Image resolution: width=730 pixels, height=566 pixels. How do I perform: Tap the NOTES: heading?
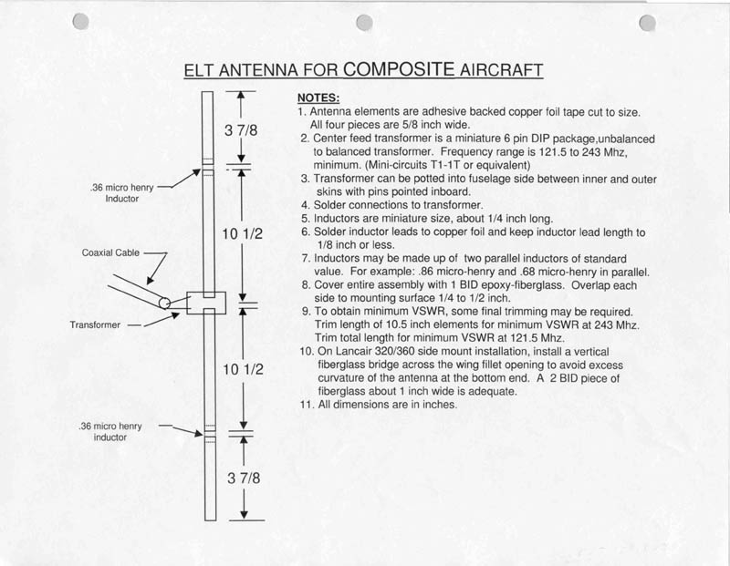pos(319,98)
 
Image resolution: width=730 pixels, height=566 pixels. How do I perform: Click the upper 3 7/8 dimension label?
pos(240,129)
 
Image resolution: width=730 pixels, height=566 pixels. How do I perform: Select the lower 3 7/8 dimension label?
pos(243,480)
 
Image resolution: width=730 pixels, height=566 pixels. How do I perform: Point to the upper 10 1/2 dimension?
pos(242,234)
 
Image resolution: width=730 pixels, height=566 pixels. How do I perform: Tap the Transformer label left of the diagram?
pos(96,324)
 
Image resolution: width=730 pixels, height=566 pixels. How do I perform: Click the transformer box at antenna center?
pos(207,302)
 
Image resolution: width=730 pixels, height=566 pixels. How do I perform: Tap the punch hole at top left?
pos(80,21)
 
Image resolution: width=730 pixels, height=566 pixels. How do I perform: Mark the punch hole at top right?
pos(648,24)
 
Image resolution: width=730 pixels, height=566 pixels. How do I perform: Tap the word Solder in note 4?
pos(330,205)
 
